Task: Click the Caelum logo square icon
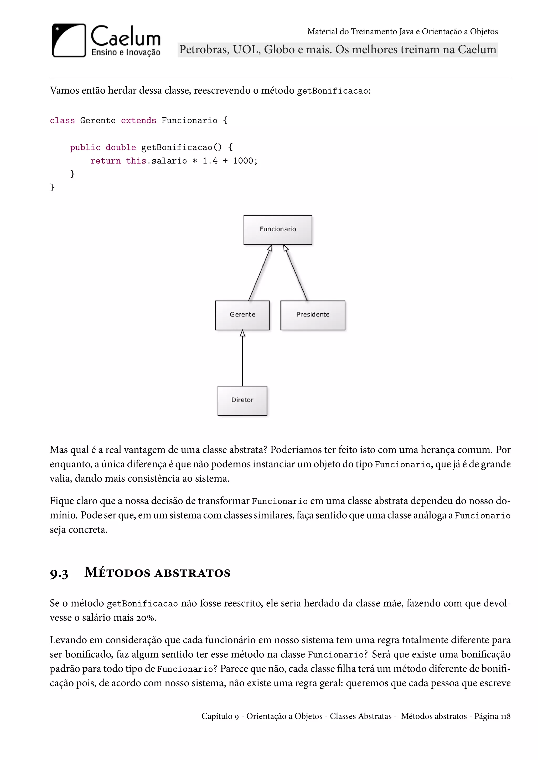(x=69, y=40)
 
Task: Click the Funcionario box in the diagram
(x=278, y=230)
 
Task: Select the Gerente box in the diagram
(x=242, y=315)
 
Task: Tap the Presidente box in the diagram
(x=312, y=315)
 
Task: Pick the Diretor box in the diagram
(x=242, y=400)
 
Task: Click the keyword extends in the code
(x=138, y=120)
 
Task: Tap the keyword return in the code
(x=105, y=161)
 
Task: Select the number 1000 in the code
(x=243, y=161)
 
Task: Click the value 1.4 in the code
(x=210, y=161)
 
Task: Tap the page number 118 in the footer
(x=505, y=716)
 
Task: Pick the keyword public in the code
(x=85, y=147)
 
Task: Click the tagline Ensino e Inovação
(x=126, y=52)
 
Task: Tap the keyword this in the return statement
(x=136, y=161)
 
